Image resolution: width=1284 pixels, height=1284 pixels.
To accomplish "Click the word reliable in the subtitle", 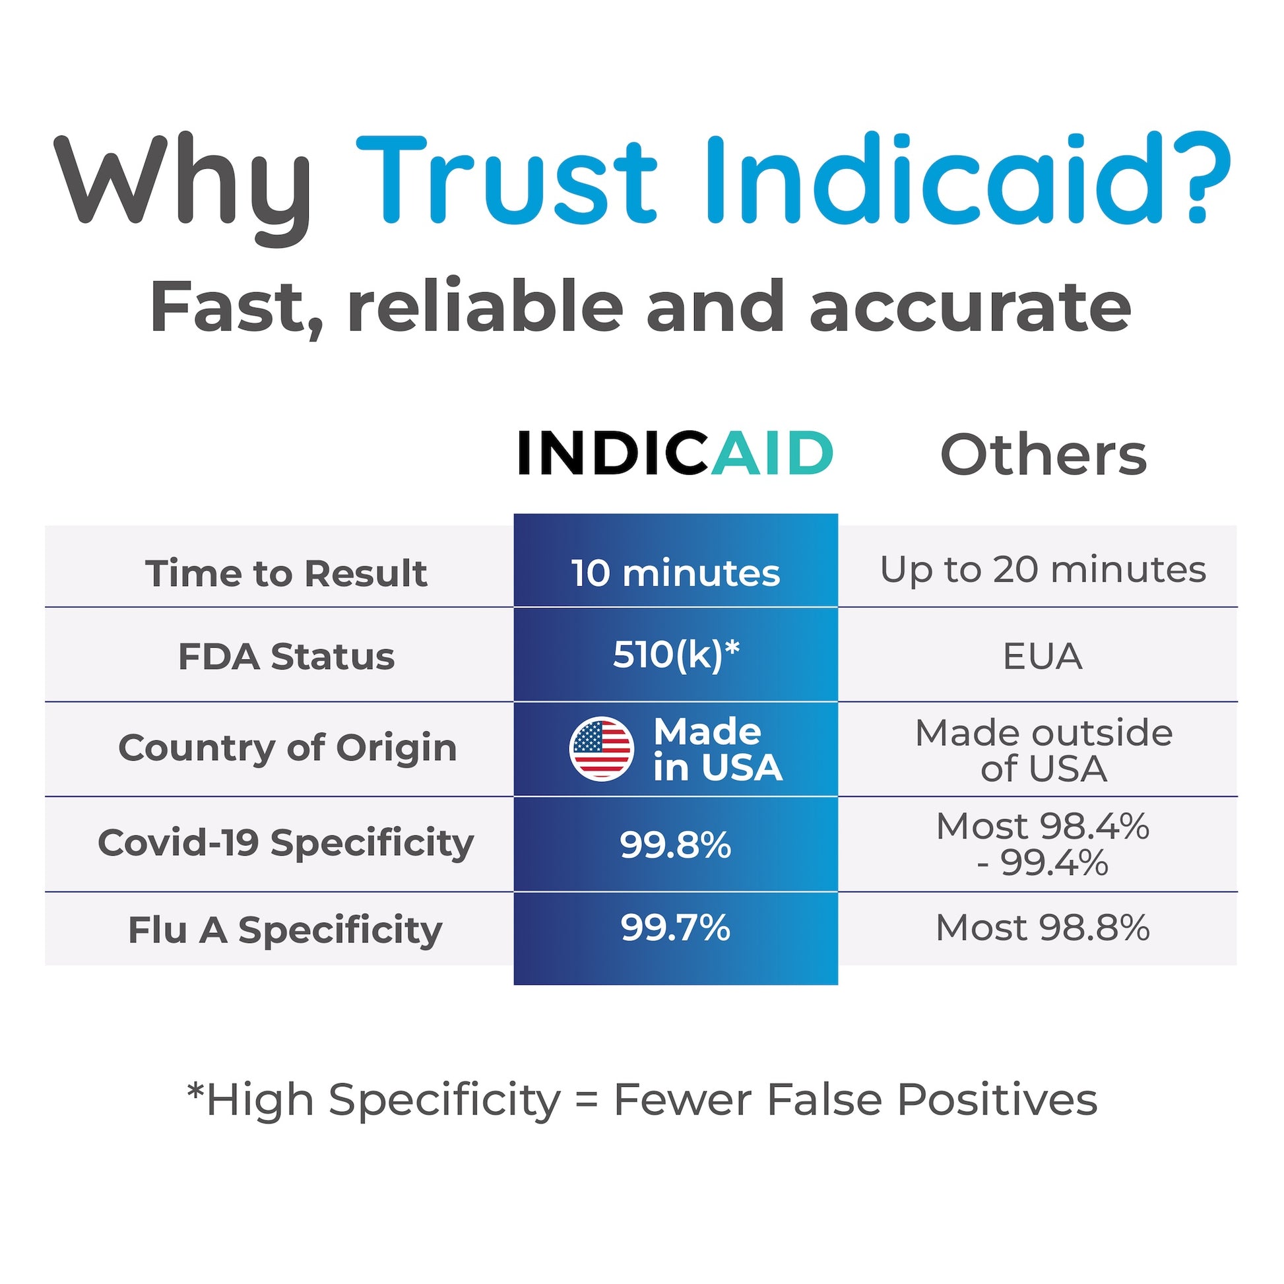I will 484,307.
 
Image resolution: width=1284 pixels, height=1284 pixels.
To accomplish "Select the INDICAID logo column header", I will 674,453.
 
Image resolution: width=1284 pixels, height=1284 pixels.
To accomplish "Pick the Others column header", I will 1043,456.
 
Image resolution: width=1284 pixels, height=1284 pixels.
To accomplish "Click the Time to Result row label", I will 286,573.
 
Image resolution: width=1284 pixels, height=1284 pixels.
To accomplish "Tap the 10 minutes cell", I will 675,573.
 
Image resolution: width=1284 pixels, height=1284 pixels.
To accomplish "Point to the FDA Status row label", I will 286,657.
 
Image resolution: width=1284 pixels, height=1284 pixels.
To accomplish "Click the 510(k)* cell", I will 675,655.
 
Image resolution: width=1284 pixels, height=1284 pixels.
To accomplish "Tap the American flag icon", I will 601,749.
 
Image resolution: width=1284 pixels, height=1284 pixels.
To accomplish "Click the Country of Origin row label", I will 287,748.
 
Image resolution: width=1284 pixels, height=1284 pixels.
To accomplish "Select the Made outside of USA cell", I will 1043,750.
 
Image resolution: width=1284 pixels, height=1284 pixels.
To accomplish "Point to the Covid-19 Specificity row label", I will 286,843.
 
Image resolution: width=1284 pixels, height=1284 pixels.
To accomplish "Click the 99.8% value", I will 675,845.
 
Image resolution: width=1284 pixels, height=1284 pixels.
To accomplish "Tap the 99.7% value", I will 675,928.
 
